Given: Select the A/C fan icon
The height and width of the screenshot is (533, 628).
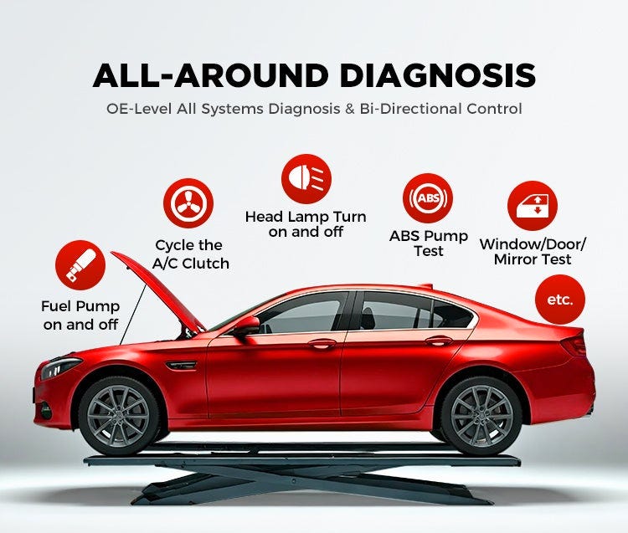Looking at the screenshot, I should pyautogui.click(x=188, y=204).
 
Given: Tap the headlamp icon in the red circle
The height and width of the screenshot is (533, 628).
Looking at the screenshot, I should pyautogui.click(x=306, y=179).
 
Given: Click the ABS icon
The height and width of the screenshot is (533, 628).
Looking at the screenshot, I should pyautogui.click(x=428, y=198).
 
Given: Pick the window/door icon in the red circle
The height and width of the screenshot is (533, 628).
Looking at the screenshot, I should pyautogui.click(x=533, y=205).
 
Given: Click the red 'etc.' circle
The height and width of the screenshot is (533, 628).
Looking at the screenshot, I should pyautogui.click(x=559, y=300).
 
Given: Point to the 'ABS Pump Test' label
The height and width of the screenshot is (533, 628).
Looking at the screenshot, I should pyautogui.click(x=428, y=243).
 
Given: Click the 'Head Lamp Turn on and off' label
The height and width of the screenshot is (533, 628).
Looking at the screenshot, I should pyautogui.click(x=306, y=224).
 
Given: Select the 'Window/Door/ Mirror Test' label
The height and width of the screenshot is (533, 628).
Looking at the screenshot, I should pyautogui.click(x=533, y=251).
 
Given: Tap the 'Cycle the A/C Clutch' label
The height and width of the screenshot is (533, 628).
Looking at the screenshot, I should pyautogui.click(x=188, y=254).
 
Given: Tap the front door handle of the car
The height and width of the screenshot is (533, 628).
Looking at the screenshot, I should pyautogui.click(x=322, y=344).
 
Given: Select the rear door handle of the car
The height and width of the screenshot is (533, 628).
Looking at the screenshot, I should pyautogui.click(x=439, y=341).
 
